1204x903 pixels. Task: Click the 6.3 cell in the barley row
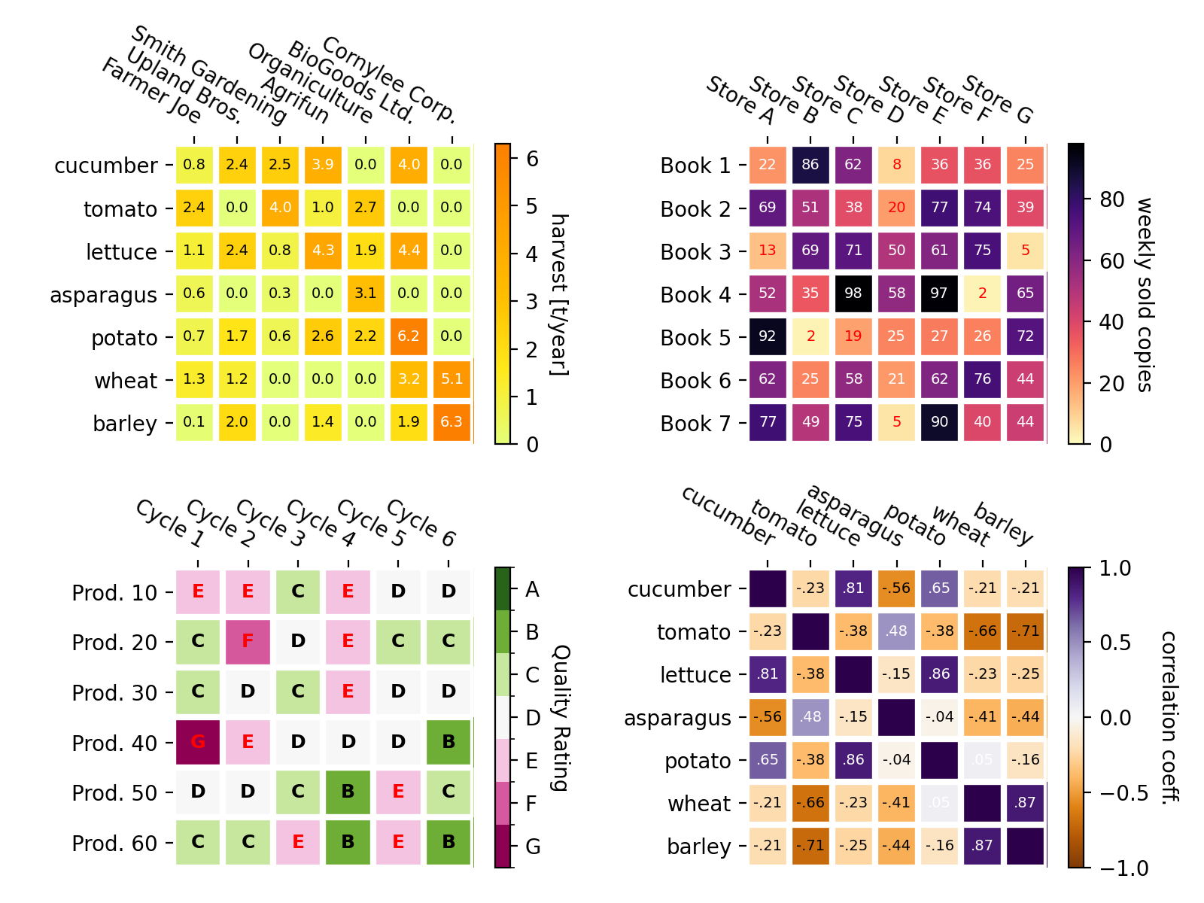pyautogui.click(x=451, y=422)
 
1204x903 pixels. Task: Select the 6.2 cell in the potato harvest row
pyautogui.click(x=409, y=336)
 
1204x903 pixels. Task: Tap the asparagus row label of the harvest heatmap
pyautogui.click(x=103, y=295)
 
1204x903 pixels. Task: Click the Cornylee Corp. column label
pyautogui.click(x=390, y=80)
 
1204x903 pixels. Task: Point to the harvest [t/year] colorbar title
pyautogui.click(x=558, y=294)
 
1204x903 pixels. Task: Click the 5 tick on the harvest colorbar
pyautogui.click(x=532, y=206)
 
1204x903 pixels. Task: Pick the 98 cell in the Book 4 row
pyautogui.click(x=853, y=293)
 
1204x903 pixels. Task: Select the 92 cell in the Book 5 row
pyautogui.click(x=767, y=336)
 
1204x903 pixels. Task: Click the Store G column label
pyautogui.click(x=999, y=99)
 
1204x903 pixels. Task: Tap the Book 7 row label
pyautogui.click(x=695, y=424)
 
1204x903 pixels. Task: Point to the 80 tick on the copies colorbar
pyautogui.click(x=1111, y=199)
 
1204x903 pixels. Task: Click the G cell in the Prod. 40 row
pyautogui.click(x=198, y=742)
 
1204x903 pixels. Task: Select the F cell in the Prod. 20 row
pyautogui.click(x=248, y=641)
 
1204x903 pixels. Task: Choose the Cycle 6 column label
pyautogui.click(x=421, y=523)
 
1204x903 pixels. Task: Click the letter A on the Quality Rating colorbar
pyautogui.click(x=532, y=590)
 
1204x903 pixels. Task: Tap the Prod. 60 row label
pyautogui.click(x=114, y=844)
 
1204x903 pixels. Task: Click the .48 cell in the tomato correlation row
pyautogui.click(x=895, y=631)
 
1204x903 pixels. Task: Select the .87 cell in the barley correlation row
pyautogui.click(x=982, y=845)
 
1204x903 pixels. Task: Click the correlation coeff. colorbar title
pyautogui.click(x=1168, y=717)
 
